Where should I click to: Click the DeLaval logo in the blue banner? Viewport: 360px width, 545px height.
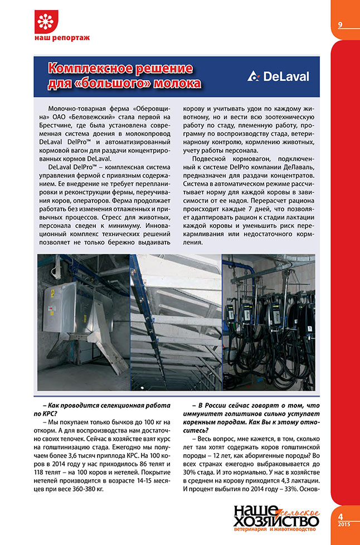[x=278, y=76]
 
